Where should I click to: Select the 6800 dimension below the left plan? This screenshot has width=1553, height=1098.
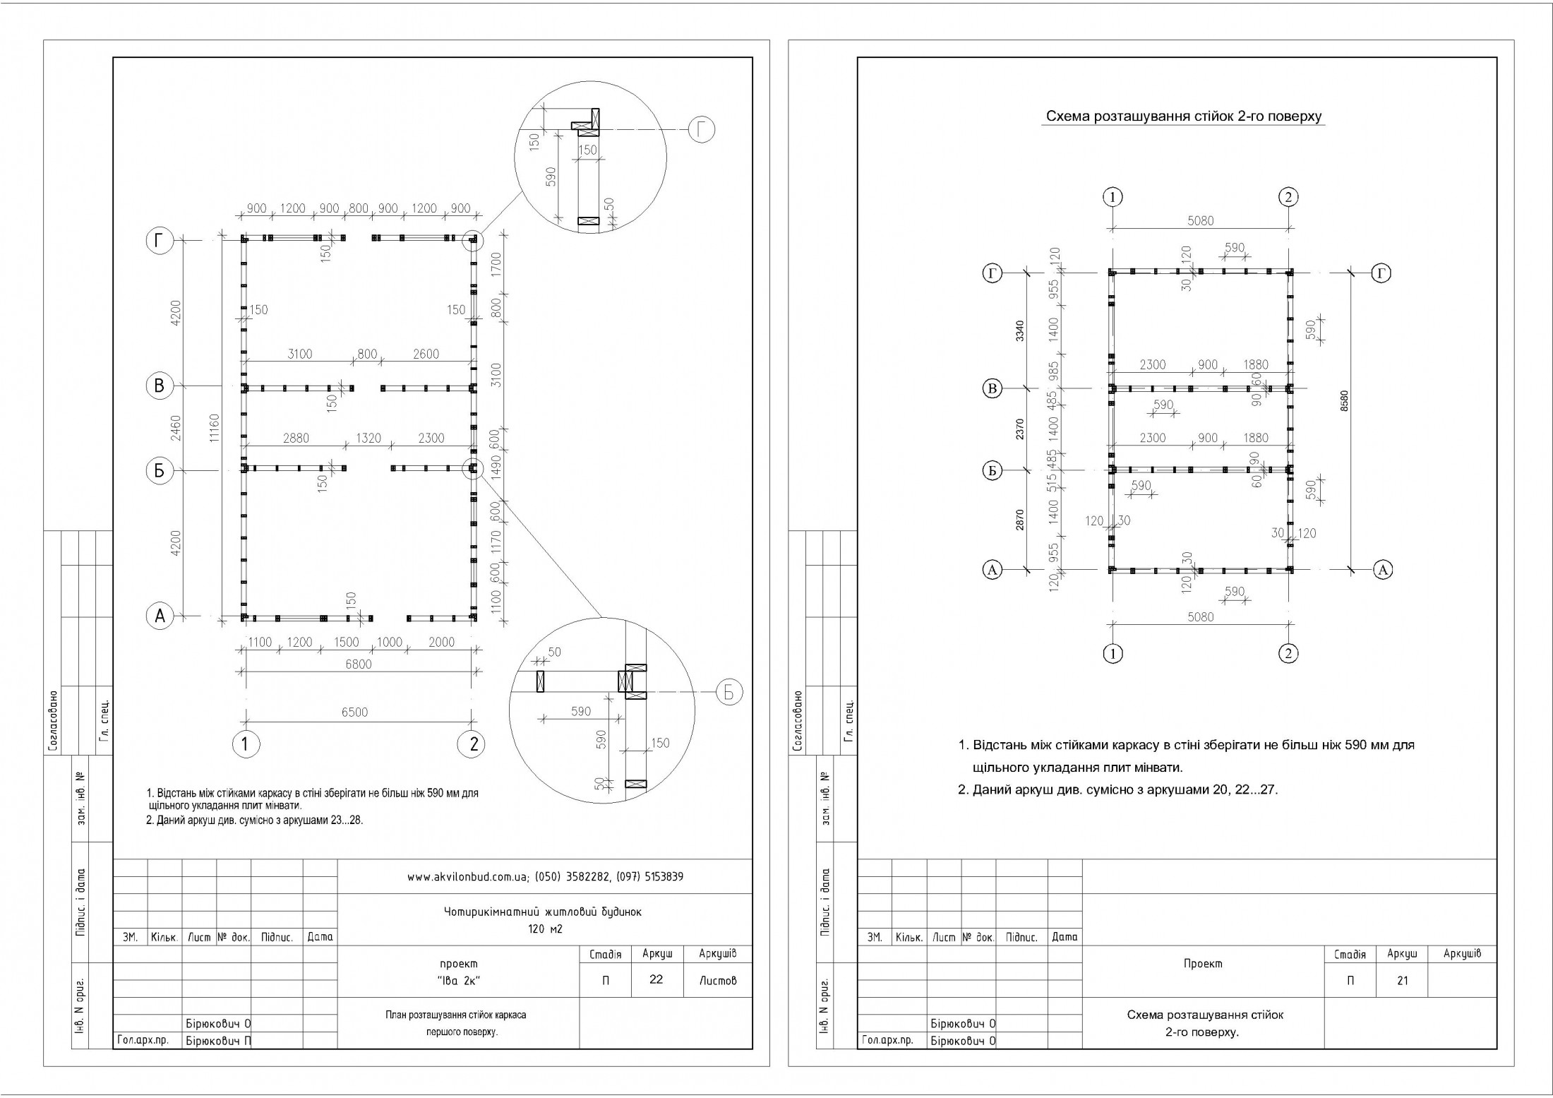pyautogui.click(x=359, y=664)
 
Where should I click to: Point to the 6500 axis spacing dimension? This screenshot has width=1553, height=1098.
pyautogui.click(x=354, y=712)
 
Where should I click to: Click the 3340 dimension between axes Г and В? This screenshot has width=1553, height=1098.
pyautogui.click(x=1019, y=330)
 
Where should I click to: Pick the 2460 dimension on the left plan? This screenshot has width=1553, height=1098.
pyautogui.click(x=176, y=428)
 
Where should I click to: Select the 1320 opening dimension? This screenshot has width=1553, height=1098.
pyautogui.click(x=368, y=438)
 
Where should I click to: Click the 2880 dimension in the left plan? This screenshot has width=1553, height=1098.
pyautogui.click(x=296, y=438)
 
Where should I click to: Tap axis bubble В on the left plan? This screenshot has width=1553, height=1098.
pyautogui.click(x=160, y=386)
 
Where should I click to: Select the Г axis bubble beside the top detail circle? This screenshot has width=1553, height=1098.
pyautogui.click(x=702, y=130)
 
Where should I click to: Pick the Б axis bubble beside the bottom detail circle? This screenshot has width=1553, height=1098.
pyautogui.click(x=729, y=693)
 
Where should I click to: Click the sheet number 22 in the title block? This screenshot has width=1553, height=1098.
pyautogui.click(x=656, y=979)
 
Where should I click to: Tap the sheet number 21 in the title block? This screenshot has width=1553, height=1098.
pyautogui.click(x=1402, y=980)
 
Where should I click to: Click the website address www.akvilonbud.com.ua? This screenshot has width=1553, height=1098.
pyautogui.click(x=468, y=877)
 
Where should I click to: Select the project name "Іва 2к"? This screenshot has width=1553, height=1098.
pyautogui.click(x=458, y=981)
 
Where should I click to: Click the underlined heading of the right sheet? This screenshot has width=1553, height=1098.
pyautogui.click(x=1183, y=117)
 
